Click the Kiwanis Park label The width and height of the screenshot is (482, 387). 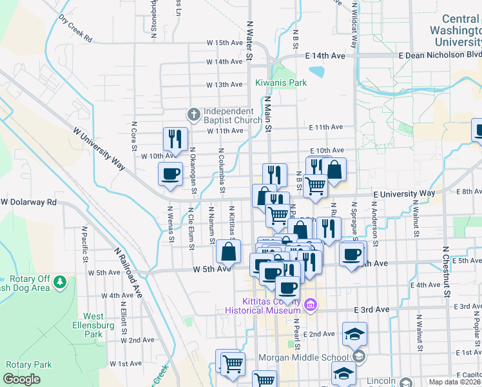pos(280,83)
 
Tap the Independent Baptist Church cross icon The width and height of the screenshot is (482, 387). pos(192,114)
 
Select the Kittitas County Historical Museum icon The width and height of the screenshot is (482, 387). pos(310,304)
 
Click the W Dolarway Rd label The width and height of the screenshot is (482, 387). pos(29,202)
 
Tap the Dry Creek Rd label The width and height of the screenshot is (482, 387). pos(75,29)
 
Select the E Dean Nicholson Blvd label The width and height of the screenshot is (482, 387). pos(439,55)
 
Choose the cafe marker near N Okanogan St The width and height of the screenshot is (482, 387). pos(171,174)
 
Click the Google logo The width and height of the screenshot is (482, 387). pos(21,379)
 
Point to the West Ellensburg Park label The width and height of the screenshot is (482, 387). pos(93,325)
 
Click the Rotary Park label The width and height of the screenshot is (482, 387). pos(28,364)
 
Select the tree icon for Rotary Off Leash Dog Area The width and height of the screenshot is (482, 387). pos(60,282)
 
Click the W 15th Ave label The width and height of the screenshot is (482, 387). pos(224,43)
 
